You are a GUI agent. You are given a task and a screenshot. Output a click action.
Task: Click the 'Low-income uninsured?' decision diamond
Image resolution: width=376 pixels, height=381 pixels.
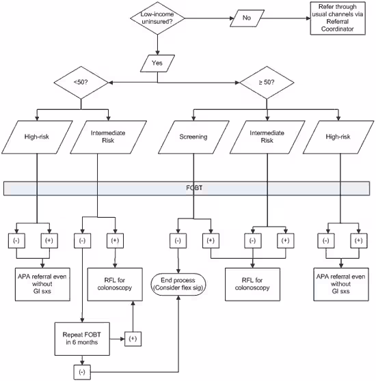pos(158,20)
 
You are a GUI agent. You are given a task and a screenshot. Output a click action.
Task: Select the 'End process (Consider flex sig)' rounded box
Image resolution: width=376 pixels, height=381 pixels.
pos(179,283)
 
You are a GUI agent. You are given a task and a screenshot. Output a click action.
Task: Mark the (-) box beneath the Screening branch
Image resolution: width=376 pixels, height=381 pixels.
pos(178,241)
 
